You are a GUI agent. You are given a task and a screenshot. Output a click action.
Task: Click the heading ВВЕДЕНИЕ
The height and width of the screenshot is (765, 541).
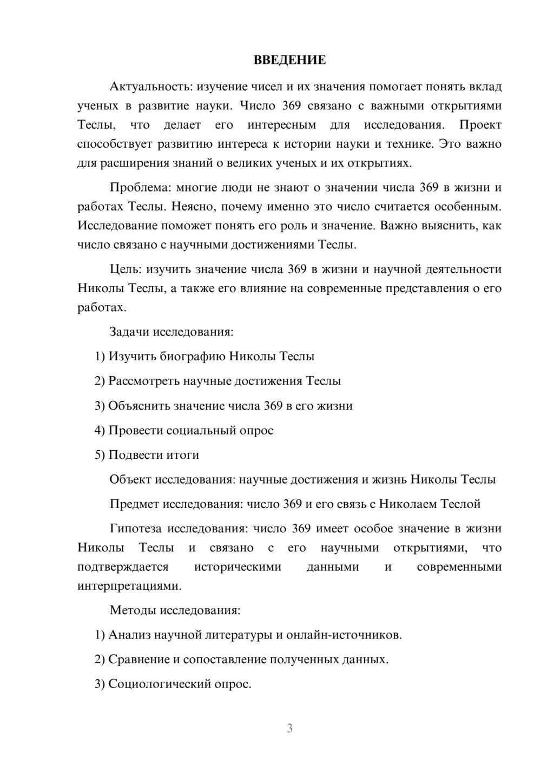click(x=289, y=60)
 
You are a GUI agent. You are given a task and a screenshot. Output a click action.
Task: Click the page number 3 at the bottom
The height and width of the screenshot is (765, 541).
click(x=289, y=728)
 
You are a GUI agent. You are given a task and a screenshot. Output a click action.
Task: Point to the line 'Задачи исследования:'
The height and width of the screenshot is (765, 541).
click(x=171, y=332)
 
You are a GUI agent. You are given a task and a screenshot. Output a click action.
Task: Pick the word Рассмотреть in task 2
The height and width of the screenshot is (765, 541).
click(x=144, y=381)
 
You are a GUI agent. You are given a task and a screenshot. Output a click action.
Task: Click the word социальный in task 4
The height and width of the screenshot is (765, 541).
click(x=200, y=431)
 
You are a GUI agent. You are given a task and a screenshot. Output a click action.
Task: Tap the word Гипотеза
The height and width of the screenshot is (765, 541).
click(x=136, y=529)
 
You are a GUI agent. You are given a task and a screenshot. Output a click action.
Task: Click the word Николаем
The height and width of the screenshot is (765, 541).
click(x=408, y=504)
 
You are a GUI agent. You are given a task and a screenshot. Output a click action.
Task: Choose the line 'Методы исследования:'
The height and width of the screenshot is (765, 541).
click(x=175, y=610)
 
